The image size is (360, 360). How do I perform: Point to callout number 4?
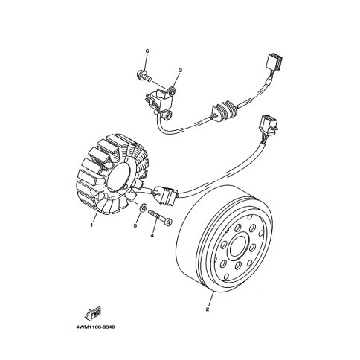click(152, 236)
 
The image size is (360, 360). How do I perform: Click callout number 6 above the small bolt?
click(147, 51)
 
